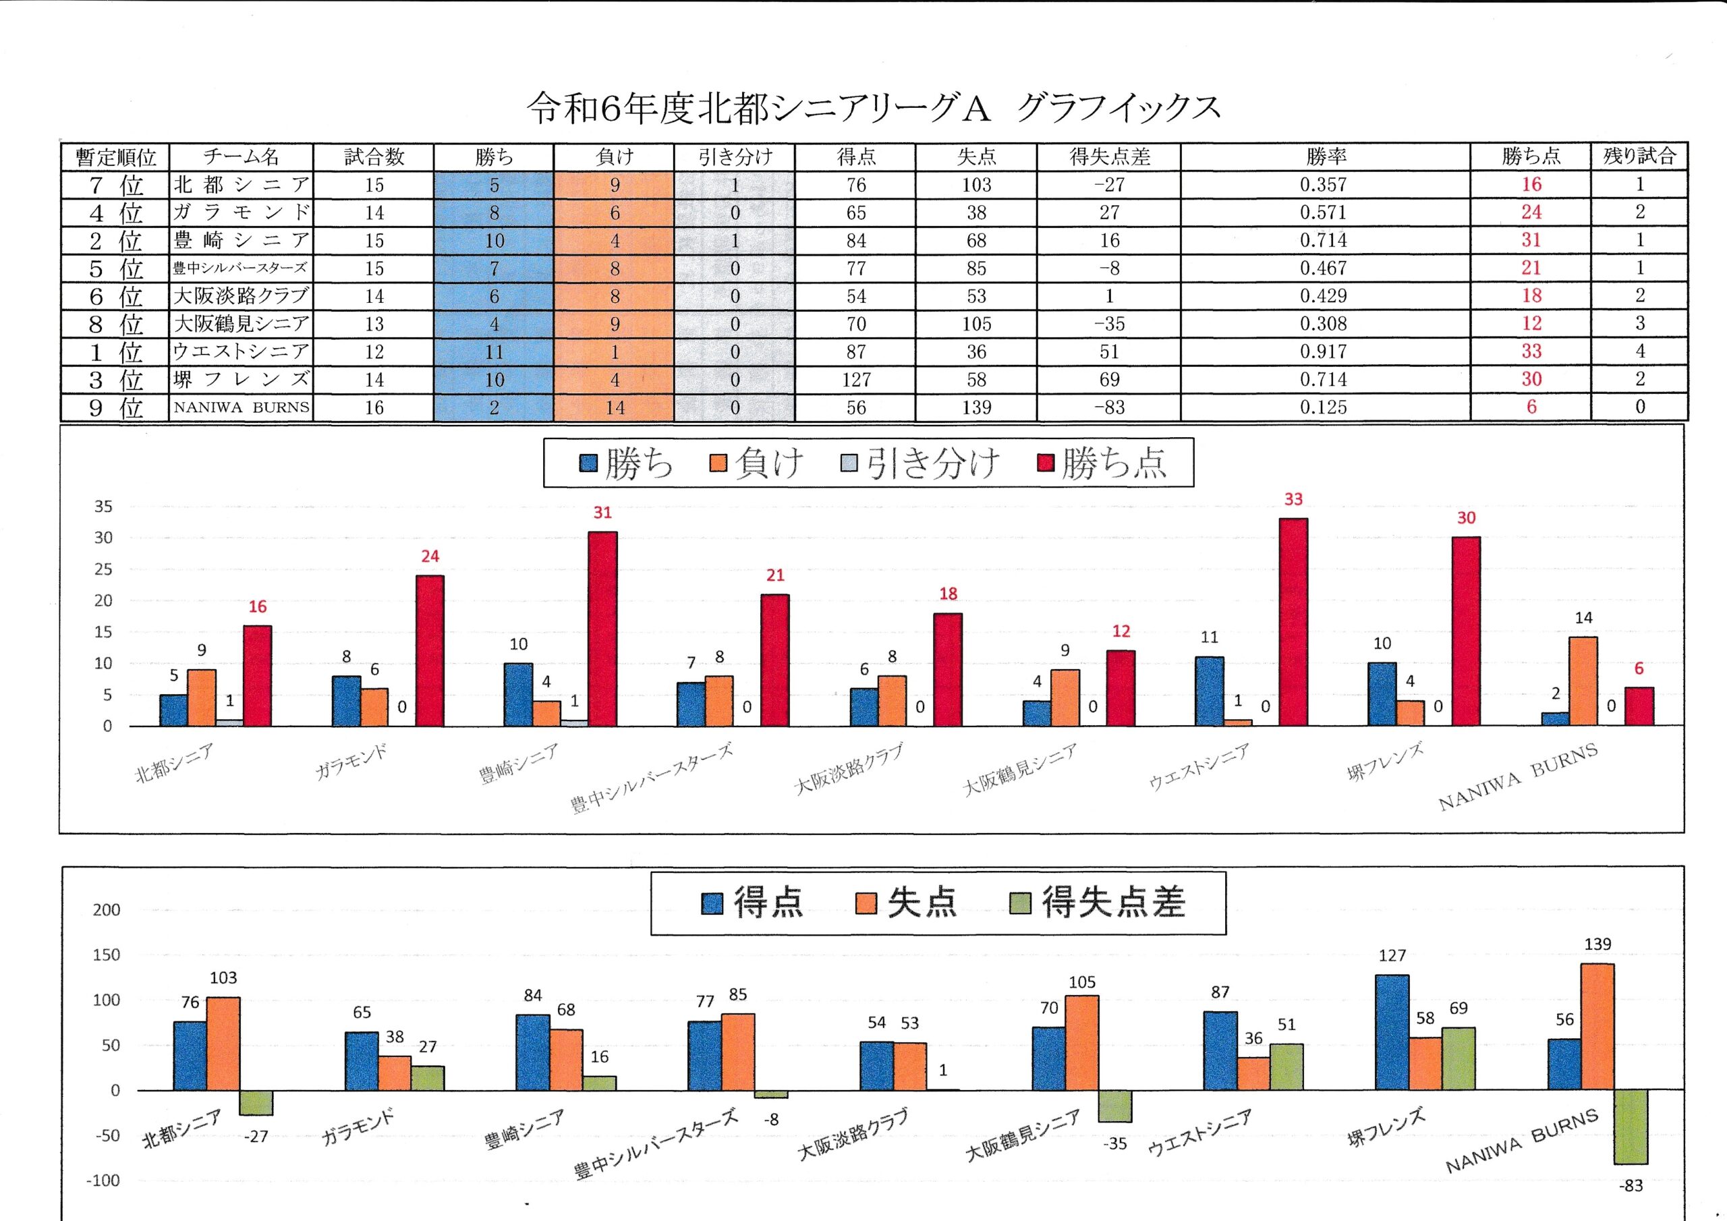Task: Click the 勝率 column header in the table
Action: pos(1326,157)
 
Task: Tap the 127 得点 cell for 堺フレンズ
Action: pos(856,380)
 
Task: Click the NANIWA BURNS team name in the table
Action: pos(241,407)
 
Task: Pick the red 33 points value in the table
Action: pos(1531,351)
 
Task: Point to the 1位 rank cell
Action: pos(115,352)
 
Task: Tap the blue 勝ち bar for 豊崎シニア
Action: pos(518,694)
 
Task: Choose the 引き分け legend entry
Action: pos(921,463)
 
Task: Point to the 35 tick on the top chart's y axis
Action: pos(104,507)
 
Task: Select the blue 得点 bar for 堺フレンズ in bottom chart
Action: pos(1392,1032)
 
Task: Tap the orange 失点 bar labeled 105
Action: pos(1081,1043)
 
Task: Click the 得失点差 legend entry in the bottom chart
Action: pos(1098,902)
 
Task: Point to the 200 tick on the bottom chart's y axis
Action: pos(106,909)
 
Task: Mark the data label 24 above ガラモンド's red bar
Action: pos(430,556)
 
